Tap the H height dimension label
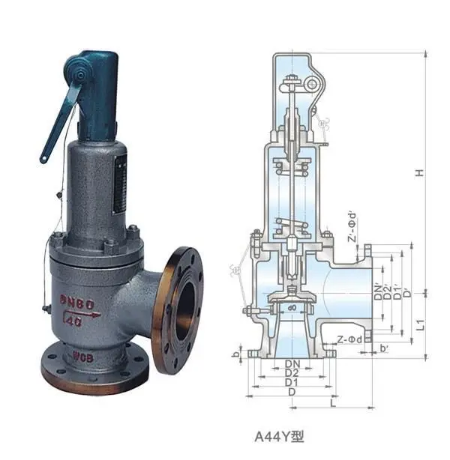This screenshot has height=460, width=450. (x=421, y=173)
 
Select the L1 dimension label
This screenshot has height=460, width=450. (x=421, y=324)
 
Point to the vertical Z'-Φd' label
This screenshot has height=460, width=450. (x=351, y=228)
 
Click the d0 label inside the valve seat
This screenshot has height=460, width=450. (x=292, y=307)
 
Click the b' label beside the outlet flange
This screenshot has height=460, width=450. (x=384, y=349)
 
